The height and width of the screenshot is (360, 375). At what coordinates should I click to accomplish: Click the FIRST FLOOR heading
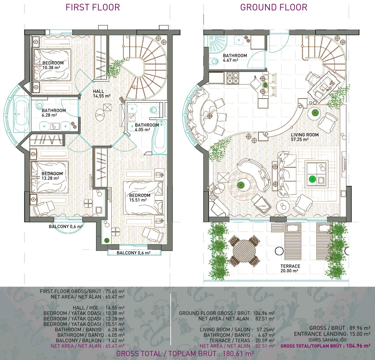point(93,7)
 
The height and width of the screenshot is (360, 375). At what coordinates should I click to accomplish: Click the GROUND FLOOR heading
point(274,7)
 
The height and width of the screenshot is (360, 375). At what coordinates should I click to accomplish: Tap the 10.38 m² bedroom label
point(53,65)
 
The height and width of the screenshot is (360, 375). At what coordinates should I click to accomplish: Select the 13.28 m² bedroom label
point(52,176)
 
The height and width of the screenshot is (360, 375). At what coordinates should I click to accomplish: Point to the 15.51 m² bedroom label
point(140,198)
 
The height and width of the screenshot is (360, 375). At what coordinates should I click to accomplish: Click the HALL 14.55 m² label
point(102,94)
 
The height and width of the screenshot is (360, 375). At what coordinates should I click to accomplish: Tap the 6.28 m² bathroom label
point(54,113)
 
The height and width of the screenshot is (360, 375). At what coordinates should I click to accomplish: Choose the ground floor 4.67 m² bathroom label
point(235,58)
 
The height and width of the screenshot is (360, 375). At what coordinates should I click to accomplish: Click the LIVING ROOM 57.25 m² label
point(305,137)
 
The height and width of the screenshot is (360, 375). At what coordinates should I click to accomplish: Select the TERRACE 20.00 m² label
point(290,269)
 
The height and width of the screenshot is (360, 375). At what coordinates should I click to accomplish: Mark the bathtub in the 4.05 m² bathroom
point(160,137)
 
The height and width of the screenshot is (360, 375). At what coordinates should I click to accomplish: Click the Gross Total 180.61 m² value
point(238,354)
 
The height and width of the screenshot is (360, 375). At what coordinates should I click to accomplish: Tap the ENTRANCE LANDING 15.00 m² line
point(332,334)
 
